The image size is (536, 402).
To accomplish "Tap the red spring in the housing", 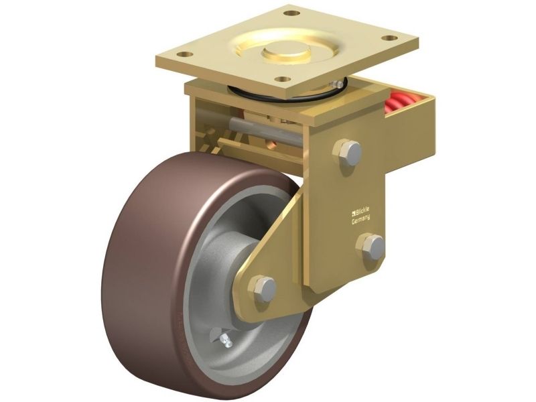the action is point(399,103).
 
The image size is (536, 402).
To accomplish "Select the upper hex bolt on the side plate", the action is point(347,153).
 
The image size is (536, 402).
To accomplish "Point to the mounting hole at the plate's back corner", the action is point(291,13).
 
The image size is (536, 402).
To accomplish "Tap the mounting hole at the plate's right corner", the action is point(390,38).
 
